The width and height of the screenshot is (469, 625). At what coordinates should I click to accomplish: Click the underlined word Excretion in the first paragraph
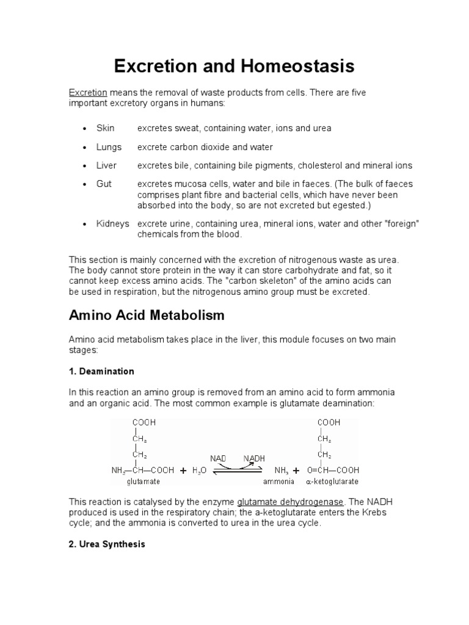tap(88, 92)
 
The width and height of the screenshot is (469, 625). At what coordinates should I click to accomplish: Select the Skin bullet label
tap(106, 129)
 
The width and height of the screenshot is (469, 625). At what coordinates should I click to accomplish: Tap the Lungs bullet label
tap(109, 147)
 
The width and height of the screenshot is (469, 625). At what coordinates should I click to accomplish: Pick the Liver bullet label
tap(106, 165)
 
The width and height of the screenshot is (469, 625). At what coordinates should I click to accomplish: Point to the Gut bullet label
tap(104, 184)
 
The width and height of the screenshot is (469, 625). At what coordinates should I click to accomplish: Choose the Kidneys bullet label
tap(113, 224)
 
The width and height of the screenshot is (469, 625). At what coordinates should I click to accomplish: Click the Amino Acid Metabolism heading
tap(147, 316)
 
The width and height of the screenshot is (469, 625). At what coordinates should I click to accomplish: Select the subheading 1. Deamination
tap(101, 371)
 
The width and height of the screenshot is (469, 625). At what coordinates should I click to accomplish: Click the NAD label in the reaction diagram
tap(218, 458)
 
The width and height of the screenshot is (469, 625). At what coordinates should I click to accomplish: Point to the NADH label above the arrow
tap(254, 458)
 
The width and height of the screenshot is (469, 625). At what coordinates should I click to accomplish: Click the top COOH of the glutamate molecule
tap(142, 422)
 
